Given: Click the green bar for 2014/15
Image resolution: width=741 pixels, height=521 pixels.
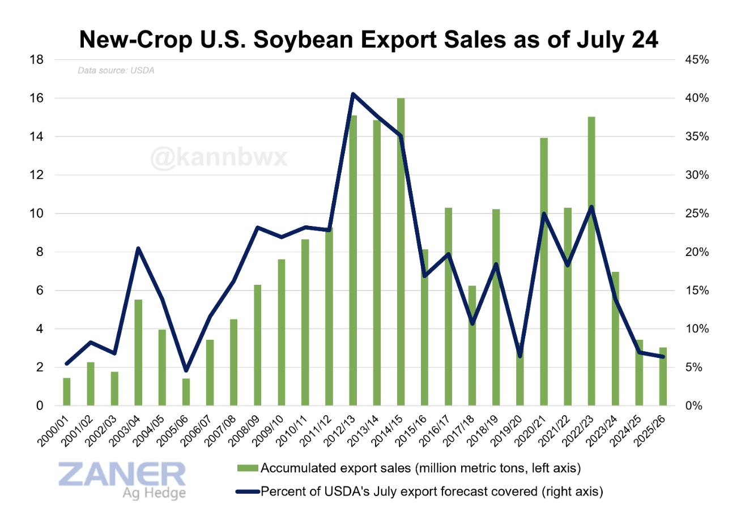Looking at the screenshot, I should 401,252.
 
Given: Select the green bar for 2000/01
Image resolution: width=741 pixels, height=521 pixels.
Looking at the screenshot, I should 66,392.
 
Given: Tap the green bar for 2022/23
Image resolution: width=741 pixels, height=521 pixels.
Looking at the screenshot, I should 591,261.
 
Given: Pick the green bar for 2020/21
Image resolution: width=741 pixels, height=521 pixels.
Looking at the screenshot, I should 544,272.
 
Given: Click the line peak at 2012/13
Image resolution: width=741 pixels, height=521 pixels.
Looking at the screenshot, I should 352,94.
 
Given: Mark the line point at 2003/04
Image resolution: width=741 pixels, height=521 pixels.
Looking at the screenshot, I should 138,249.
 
